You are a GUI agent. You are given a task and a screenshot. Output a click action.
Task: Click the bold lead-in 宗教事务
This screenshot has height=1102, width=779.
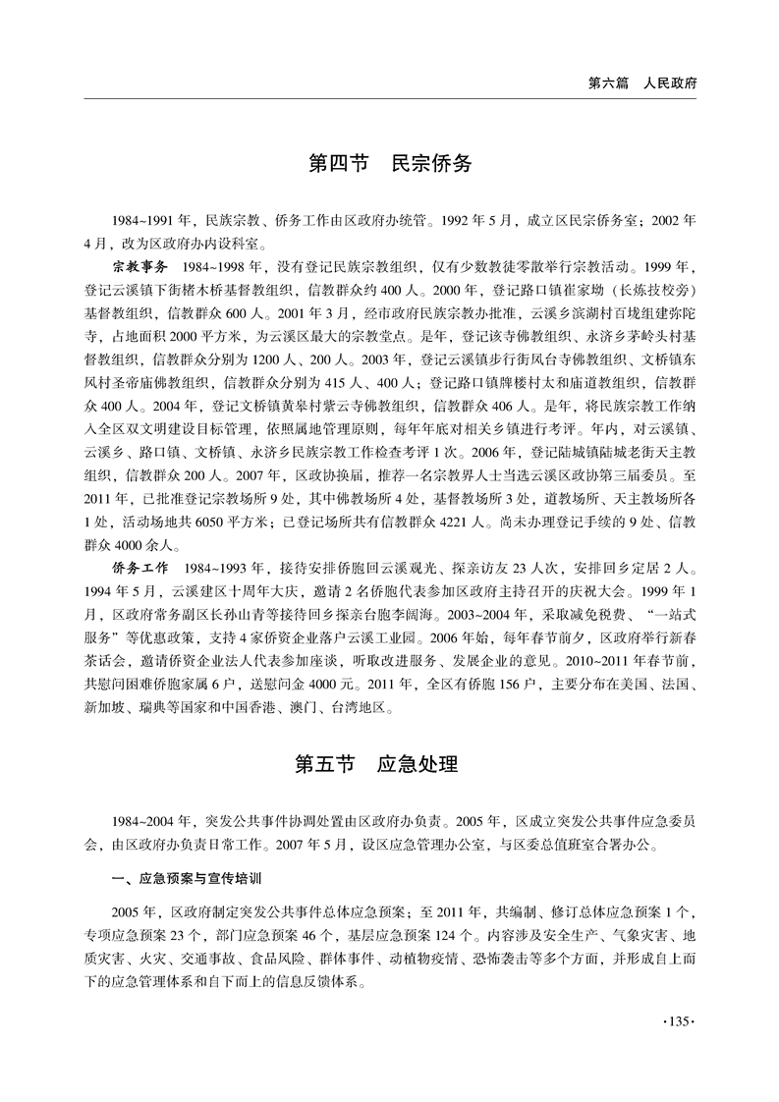139,266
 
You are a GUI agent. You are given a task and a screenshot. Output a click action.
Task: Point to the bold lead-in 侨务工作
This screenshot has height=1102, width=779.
139,569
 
